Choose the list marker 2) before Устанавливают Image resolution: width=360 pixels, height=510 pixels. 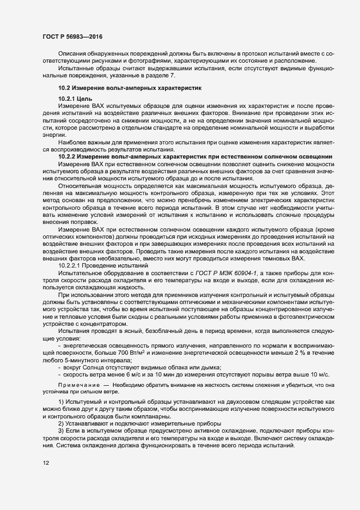[61, 423]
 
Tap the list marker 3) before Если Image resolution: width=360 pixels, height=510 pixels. [61, 430]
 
